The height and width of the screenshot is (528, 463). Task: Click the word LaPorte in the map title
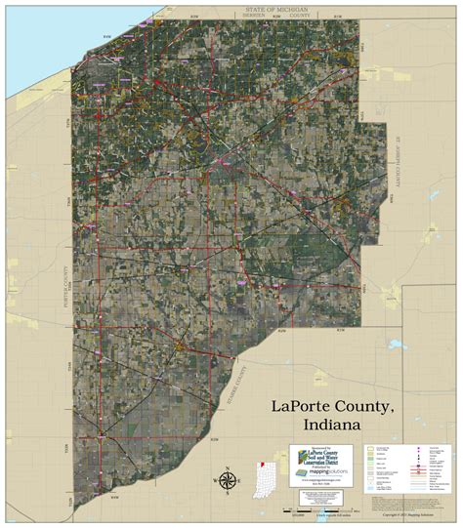(303, 406)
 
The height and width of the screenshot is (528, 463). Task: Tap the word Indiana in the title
(331, 426)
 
